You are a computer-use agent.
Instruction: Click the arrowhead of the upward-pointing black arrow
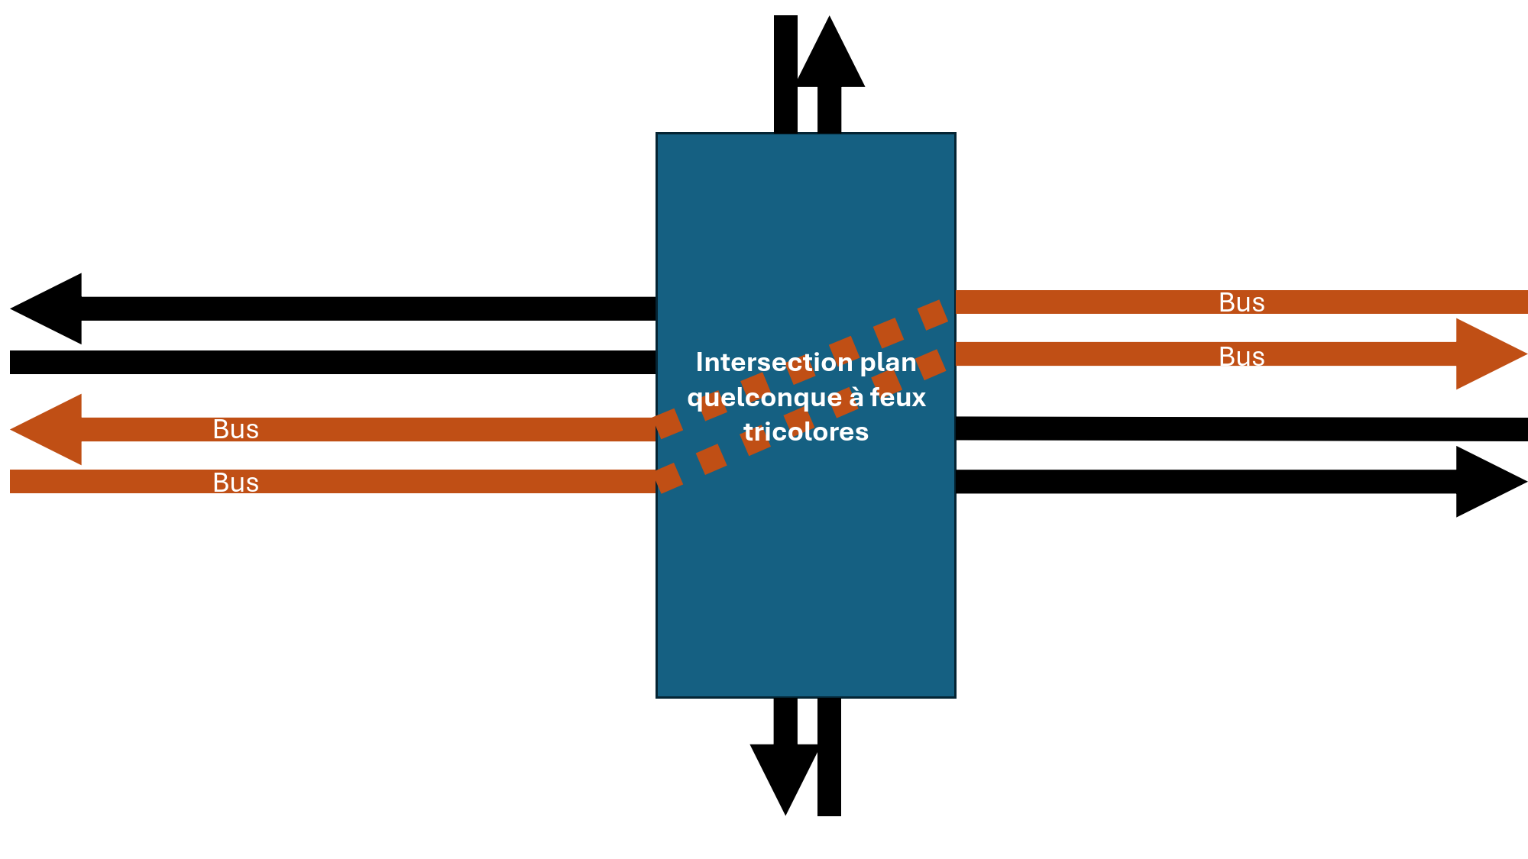[x=830, y=57]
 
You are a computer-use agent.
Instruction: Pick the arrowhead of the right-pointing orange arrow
[x=1486, y=354]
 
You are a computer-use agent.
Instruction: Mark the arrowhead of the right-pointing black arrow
[x=1486, y=482]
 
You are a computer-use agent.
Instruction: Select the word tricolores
[x=806, y=432]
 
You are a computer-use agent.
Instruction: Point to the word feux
[x=898, y=397]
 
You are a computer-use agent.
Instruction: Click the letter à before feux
[x=856, y=397]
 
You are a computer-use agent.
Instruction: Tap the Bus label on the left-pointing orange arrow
[x=236, y=429]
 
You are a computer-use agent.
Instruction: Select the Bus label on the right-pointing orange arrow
[x=1241, y=357]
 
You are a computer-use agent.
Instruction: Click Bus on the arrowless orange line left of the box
[x=236, y=483]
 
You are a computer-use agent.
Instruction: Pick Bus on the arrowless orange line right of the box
[x=1241, y=302]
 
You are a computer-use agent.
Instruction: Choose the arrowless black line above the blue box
[x=785, y=74]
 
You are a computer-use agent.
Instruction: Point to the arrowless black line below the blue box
[x=829, y=757]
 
